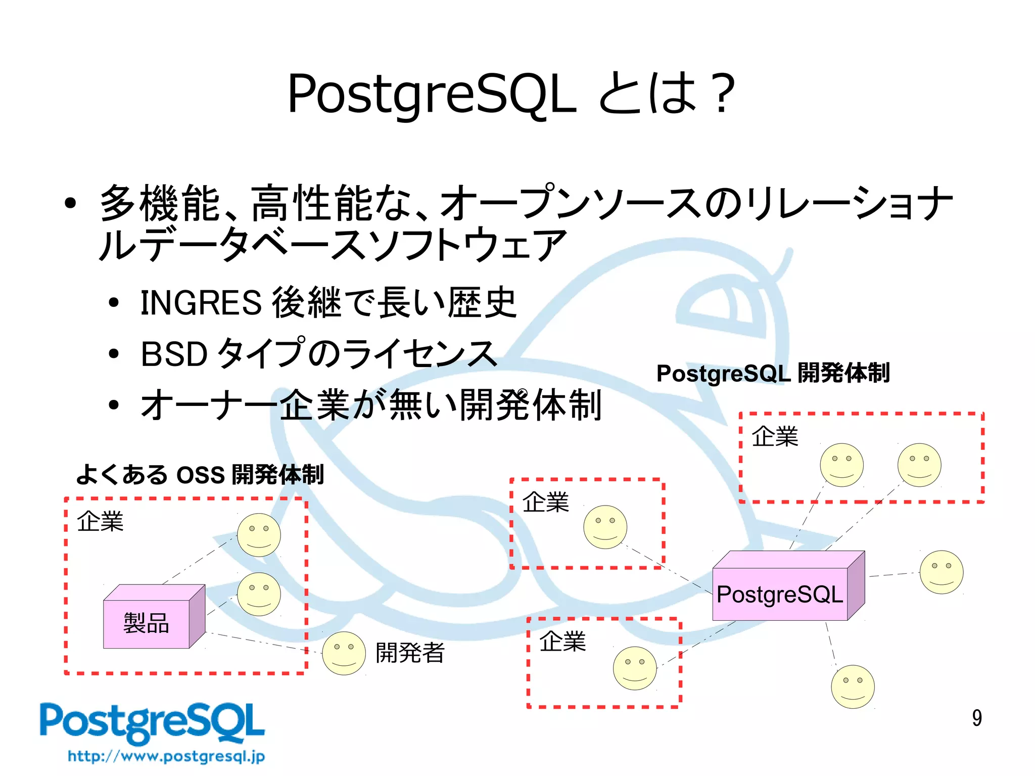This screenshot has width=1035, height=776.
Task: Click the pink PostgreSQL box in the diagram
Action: click(x=780, y=594)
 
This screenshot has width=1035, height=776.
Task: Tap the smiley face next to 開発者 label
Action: click(x=344, y=653)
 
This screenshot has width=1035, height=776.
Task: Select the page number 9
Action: click(x=976, y=718)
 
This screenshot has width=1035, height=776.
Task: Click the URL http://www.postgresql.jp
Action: click(x=166, y=756)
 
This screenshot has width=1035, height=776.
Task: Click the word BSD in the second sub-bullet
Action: click(x=174, y=354)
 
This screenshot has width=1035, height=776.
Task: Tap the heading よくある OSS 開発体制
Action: click(x=200, y=474)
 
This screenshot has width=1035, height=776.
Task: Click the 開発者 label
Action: click(x=410, y=652)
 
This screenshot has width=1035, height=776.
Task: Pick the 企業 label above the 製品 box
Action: click(x=100, y=521)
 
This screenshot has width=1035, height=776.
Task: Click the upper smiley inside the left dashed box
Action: click(x=259, y=535)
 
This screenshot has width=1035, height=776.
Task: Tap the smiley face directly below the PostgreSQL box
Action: click(x=853, y=686)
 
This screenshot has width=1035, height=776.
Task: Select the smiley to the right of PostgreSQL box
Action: click(x=941, y=572)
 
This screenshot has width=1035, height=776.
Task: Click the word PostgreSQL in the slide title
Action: click(x=431, y=94)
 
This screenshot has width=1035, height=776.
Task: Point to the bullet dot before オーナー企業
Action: click(x=114, y=404)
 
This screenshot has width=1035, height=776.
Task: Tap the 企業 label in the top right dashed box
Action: click(x=775, y=436)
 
